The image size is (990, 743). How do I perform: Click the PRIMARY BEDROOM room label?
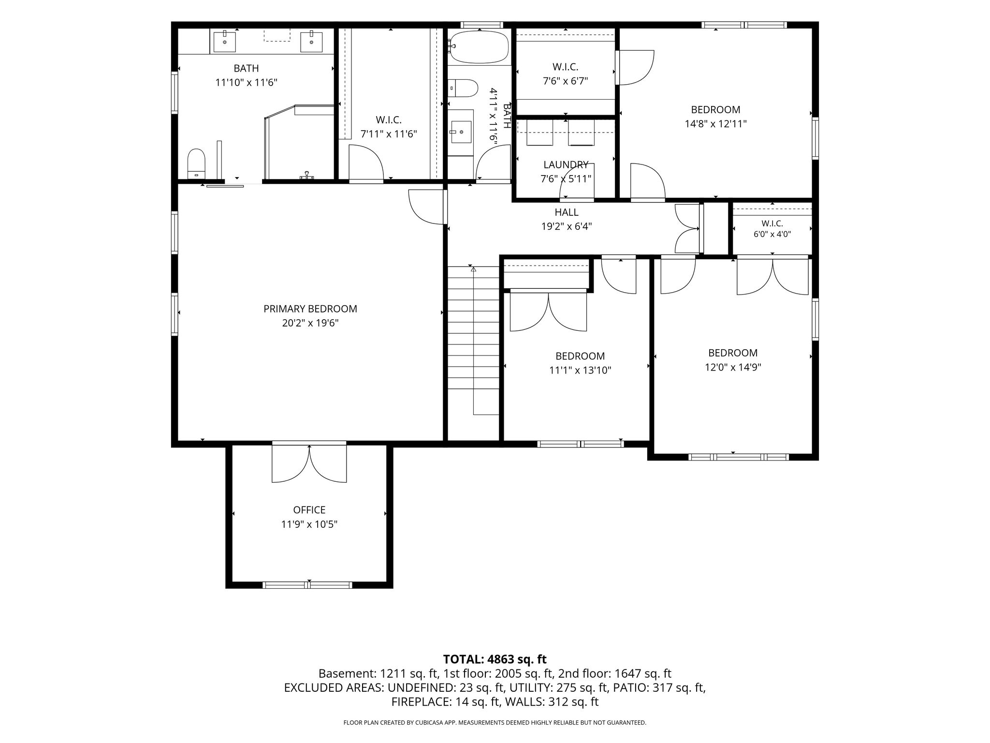(310, 309)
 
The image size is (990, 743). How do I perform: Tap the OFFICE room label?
(309, 510)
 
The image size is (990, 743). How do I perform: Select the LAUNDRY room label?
(566, 165)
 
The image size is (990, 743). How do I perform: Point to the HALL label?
(567, 212)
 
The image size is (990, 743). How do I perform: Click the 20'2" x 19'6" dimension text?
(310, 323)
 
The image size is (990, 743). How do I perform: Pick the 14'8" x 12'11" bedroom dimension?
(715, 124)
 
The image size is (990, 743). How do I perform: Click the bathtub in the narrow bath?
(479, 47)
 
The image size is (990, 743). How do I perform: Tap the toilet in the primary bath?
(196, 163)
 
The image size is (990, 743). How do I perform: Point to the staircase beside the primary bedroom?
(473, 341)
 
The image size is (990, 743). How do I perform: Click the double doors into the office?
(309, 463)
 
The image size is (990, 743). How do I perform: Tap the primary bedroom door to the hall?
(427, 207)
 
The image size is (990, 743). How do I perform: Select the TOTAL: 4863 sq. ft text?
(495, 659)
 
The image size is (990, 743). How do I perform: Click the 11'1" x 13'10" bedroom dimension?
(580, 371)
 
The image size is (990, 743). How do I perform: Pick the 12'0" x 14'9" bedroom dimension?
(733, 368)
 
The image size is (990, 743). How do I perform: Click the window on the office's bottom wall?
(307, 585)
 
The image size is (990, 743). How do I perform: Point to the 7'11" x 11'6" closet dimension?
(389, 134)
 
